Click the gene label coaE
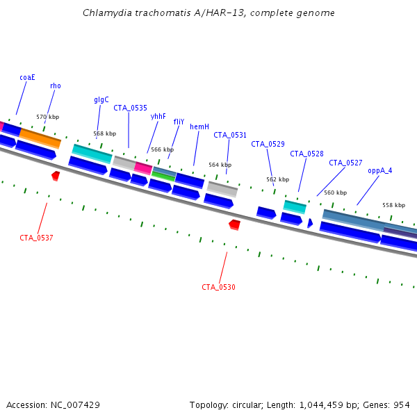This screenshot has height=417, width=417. [28, 77]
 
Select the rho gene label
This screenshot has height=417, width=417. [56, 85]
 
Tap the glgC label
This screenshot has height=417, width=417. [101, 99]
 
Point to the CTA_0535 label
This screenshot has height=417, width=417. [130, 108]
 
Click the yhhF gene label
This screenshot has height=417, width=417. [158, 116]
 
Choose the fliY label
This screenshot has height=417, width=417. [179, 122]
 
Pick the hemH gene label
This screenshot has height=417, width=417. [199, 126]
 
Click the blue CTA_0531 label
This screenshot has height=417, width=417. [230, 135]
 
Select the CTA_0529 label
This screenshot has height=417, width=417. [268, 144]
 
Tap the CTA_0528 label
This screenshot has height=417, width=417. [306, 154]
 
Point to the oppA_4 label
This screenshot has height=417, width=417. [379, 170]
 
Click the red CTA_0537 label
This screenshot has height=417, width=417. [36, 238]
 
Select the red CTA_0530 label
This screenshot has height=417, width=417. [218, 287]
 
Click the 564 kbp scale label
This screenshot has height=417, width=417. [220, 165]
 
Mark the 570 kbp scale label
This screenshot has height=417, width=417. [48, 117]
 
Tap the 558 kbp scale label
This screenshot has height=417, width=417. [393, 205]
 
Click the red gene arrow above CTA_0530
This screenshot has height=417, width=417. [235, 224]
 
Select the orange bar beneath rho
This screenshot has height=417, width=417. [40, 137]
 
